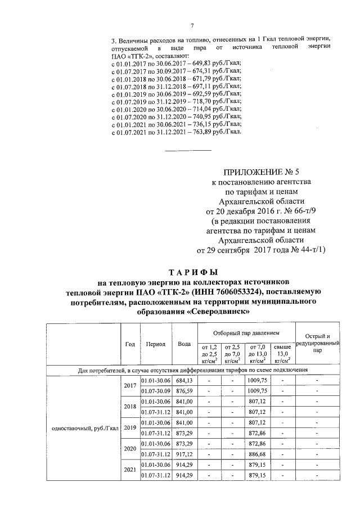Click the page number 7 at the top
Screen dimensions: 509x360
coord(192,26)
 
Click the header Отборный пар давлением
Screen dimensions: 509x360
coord(245,333)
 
